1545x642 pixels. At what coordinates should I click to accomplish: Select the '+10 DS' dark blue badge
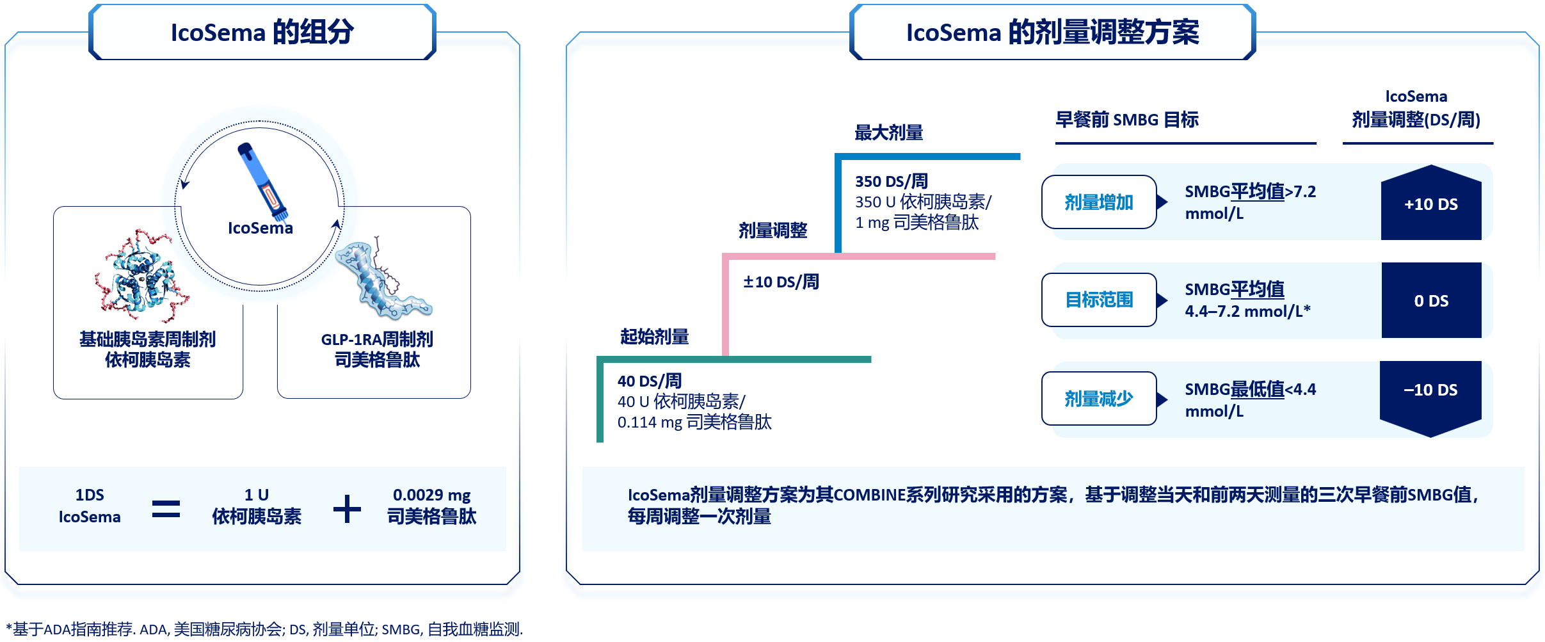pos(1430,204)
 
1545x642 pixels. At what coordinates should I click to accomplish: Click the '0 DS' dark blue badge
pos(1431,301)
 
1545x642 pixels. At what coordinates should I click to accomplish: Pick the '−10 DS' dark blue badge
pos(1430,390)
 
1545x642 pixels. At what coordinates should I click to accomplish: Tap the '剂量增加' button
pos(1098,202)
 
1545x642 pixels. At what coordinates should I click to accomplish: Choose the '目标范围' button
pos(1098,300)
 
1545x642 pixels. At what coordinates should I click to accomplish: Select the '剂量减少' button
pos(1098,399)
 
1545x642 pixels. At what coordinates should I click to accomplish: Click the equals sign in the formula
pos(166,509)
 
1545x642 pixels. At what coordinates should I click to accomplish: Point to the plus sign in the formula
pos(347,509)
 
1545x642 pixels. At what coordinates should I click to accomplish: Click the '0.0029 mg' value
pos(431,495)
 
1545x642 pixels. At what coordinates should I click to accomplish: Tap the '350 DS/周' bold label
pos(891,181)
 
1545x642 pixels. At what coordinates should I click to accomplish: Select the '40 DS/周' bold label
pos(649,381)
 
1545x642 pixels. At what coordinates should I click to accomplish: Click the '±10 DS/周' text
pos(781,282)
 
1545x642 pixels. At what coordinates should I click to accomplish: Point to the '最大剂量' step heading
pos(888,132)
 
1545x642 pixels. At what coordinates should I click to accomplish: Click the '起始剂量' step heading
pos(654,336)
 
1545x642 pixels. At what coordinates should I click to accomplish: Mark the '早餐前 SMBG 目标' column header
pos(1126,120)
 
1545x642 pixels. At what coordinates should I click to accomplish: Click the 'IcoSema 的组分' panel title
pos(262,32)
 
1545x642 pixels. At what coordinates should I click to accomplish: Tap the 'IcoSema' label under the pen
pos(260,228)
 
